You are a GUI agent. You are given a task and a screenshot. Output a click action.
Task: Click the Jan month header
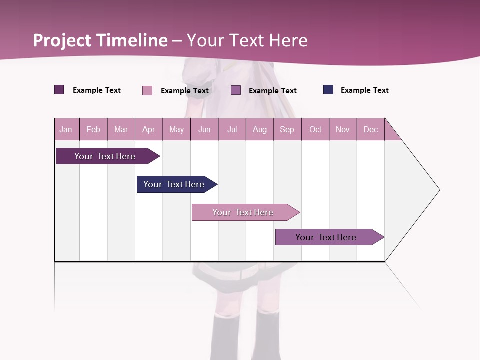click(66, 129)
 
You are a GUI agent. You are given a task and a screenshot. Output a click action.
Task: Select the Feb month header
click(93, 129)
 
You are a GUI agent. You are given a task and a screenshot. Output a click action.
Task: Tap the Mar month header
click(121, 129)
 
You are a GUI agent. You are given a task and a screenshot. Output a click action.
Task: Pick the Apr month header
click(149, 129)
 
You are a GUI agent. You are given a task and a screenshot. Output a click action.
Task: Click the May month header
click(176, 129)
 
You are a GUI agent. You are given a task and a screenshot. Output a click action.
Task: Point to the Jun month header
click(204, 129)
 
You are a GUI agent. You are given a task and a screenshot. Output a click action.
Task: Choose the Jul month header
click(232, 129)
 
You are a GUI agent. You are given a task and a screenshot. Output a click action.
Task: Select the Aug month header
click(260, 129)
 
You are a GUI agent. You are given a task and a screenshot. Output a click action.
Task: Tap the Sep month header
click(287, 129)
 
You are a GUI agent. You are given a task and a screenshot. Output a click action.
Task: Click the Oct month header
click(315, 129)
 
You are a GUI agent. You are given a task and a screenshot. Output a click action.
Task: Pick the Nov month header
click(343, 129)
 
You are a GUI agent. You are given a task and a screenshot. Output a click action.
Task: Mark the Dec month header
click(371, 129)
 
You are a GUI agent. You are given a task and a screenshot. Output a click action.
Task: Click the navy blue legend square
click(328, 90)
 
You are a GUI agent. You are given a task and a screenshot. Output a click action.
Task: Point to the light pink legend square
click(147, 90)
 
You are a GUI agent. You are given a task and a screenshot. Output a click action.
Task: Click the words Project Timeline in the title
click(100, 40)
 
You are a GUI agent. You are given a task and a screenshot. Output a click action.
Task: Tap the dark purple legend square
click(59, 90)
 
